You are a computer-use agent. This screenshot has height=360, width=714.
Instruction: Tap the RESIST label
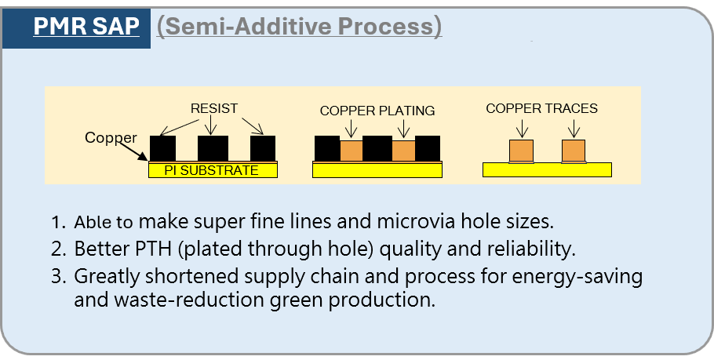pos(213,107)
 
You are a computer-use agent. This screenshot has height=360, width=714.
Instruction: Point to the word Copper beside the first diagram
pos(111,138)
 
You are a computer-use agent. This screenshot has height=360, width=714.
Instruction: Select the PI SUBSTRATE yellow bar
pos(213,170)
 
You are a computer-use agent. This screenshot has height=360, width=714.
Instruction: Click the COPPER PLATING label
pos(377,111)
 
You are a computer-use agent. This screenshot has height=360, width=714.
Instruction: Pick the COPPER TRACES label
pos(541,108)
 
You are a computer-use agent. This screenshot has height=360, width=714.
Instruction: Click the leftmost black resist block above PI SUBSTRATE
pos(162,147)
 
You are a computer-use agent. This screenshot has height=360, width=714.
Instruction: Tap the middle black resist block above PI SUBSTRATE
pos(213,147)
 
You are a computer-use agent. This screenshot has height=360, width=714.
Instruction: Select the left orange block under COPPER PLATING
pos(352,151)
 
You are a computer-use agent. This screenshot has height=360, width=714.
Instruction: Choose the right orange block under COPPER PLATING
pos(403,151)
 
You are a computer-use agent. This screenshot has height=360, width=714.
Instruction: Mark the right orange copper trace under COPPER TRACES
pos(574,151)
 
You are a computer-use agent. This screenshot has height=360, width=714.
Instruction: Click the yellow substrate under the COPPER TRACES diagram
pos(547,169)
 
